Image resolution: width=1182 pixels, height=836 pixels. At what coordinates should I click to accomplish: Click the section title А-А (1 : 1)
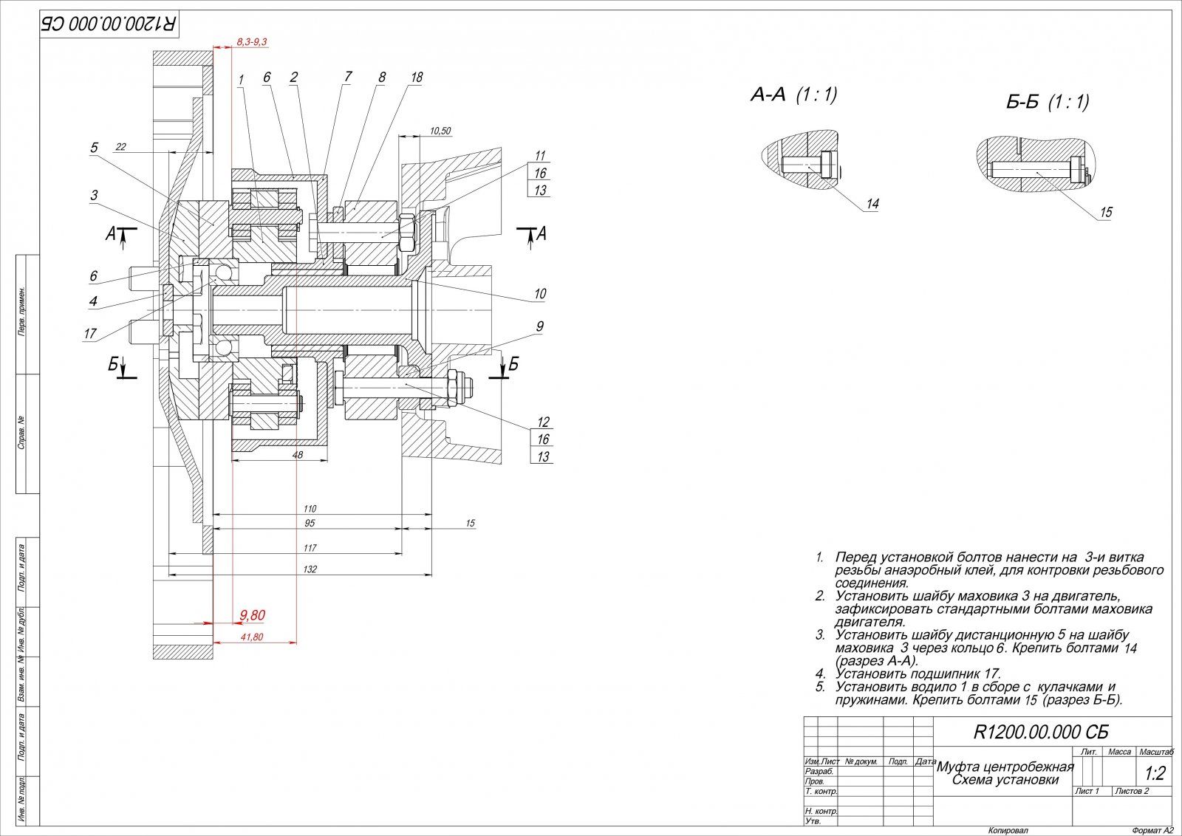click(793, 95)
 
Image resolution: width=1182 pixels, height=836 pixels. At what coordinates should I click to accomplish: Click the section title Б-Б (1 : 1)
click(1048, 102)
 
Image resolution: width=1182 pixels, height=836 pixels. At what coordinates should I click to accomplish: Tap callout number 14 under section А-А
click(873, 204)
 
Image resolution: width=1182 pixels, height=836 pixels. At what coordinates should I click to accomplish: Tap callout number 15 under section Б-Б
click(1106, 212)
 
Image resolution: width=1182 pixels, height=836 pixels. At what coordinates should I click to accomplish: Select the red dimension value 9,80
click(252, 614)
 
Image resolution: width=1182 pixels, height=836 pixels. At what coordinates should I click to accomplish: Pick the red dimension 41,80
click(252, 637)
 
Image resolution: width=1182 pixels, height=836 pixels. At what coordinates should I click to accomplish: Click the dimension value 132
click(310, 569)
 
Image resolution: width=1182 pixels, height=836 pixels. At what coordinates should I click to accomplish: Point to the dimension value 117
click(310, 548)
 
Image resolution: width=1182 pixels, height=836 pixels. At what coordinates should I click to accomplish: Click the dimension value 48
click(298, 456)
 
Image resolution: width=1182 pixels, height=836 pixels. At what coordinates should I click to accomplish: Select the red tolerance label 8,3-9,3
click(252, 43)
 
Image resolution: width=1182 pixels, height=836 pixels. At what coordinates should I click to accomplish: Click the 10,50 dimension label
click(440, 131)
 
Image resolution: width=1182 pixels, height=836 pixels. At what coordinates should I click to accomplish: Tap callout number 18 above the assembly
click(417, 77)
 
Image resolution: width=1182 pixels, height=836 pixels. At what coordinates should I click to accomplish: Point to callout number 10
click(540, 294)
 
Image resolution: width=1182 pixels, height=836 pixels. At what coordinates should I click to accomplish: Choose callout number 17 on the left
click(90, 334)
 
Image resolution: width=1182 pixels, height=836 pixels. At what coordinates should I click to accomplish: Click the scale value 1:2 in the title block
click(1154, 774)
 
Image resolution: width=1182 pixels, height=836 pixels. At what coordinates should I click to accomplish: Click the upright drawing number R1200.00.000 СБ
click(1040, 732)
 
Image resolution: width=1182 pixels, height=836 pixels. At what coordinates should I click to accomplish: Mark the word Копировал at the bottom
click(1008, 830)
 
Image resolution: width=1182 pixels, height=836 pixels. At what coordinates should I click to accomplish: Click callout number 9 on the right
click(540, 326)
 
